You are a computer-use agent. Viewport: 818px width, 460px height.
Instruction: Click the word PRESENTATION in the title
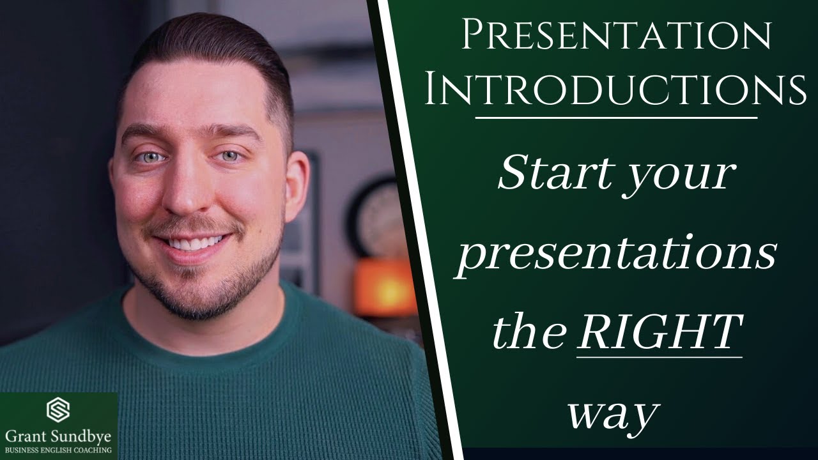click(616, 37)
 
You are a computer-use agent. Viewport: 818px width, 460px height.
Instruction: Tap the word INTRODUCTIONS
click(615, 91)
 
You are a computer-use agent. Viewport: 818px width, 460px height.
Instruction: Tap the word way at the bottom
click(612, 413)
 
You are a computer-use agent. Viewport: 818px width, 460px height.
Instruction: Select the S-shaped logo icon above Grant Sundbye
click(58, 410)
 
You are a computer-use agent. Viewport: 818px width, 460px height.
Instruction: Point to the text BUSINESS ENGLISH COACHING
click(58, 450)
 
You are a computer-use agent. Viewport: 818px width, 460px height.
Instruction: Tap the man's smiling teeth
click(195, 243)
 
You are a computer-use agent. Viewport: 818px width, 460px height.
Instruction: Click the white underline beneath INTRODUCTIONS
click(616, 118)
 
